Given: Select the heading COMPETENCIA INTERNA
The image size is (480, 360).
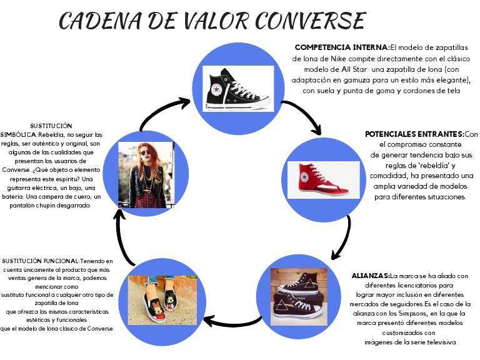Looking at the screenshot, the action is [x=341, y=47].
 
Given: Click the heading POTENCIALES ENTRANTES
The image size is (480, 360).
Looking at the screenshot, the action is [x=414, y=134].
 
